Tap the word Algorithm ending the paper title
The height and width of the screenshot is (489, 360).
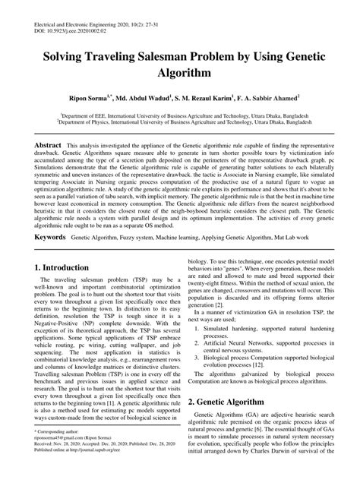tap(180, 74)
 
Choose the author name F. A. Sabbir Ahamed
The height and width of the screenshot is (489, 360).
tap(271, 98)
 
